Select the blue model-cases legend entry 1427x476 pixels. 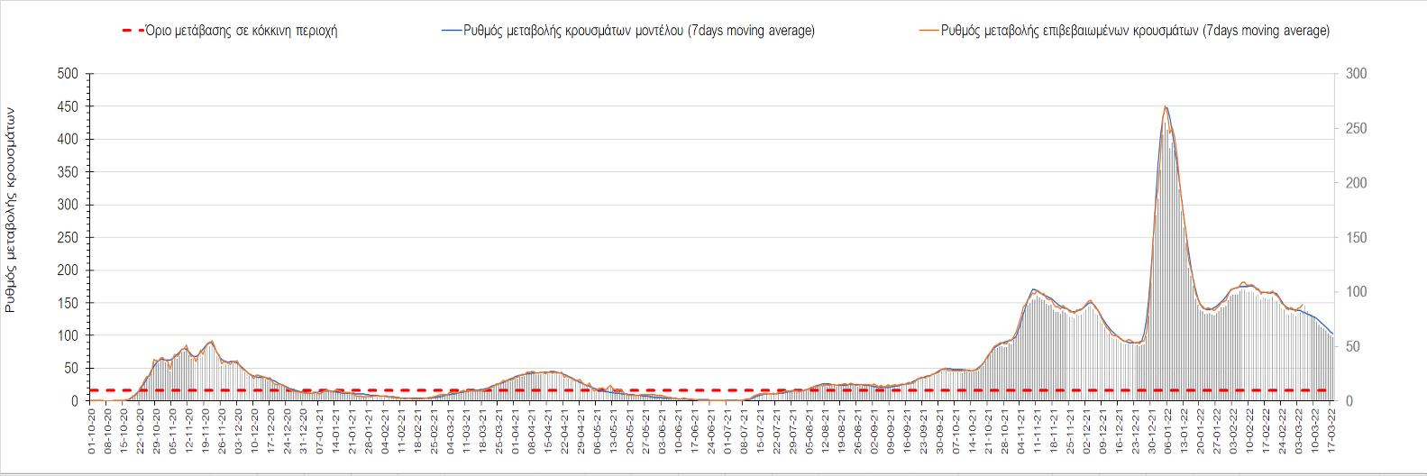point(638,31)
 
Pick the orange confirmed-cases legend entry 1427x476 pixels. point(1134,31)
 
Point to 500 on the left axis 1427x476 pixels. point(69,74)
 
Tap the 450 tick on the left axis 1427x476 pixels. point(69,106)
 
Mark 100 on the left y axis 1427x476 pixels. point(69,335)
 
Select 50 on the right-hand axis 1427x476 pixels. point(1352,346)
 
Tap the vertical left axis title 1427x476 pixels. point(11,209)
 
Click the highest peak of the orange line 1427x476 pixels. point(1165,106)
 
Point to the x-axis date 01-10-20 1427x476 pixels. point(92,428)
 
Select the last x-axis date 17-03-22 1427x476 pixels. point(1331,428)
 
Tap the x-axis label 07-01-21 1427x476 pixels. point(321,428)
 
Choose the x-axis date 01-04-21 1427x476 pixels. point(515,428)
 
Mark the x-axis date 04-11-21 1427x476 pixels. point(1021,428)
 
